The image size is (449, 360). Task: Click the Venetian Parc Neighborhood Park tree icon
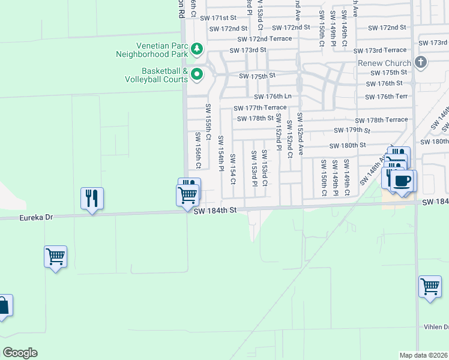[196, 48]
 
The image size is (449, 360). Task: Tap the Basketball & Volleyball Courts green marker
[196, 74]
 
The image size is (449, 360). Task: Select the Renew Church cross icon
[421, 62]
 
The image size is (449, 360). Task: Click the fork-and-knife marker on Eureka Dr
[92, 198]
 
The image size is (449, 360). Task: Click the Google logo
[20, 353]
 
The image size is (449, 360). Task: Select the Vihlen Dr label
[438, 327]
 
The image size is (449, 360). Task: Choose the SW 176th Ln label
[273, 97]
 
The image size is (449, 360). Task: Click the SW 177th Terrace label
[261, 108]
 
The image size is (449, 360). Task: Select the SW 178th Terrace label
[381, 120]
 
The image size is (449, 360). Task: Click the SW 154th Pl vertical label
[221, 152]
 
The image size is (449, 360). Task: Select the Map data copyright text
[424, 355]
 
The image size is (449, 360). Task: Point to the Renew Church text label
[384, 63]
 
